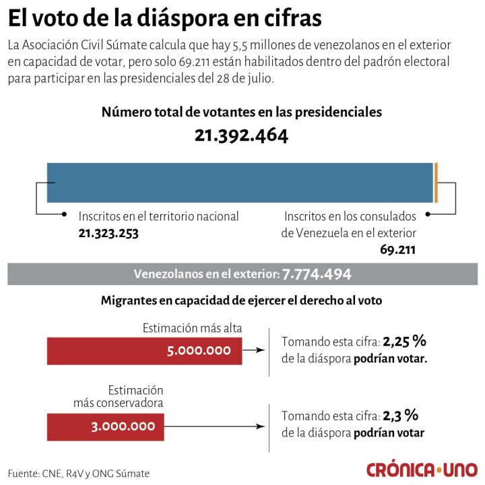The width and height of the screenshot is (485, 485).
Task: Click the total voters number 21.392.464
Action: [x=241, y=135]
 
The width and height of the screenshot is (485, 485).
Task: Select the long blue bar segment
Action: [x=239, y=182]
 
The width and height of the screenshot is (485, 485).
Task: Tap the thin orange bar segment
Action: [x=436, y=182]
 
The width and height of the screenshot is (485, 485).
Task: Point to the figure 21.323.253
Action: [x=113, y=232]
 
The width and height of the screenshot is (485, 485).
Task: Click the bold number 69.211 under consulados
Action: [x=397, y=249]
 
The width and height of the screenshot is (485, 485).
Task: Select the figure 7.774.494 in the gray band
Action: [x=317, y=274]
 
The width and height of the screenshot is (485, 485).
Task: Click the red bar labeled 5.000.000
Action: [x=144, y=350]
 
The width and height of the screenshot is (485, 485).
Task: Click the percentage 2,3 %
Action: [x=401, y=416]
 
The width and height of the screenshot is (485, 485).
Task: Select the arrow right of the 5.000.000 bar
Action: [x=253, y=350]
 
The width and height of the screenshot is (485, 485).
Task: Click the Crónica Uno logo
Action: [x=422, y=469]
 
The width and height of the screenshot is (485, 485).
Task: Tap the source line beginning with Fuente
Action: [x=79, y=473]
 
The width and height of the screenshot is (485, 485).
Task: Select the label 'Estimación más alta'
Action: [x=192, y=328]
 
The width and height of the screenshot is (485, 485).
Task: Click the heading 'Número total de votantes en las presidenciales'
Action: [x=241, y=112]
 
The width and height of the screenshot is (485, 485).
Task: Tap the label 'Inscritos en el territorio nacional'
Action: [x=158, y=216]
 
